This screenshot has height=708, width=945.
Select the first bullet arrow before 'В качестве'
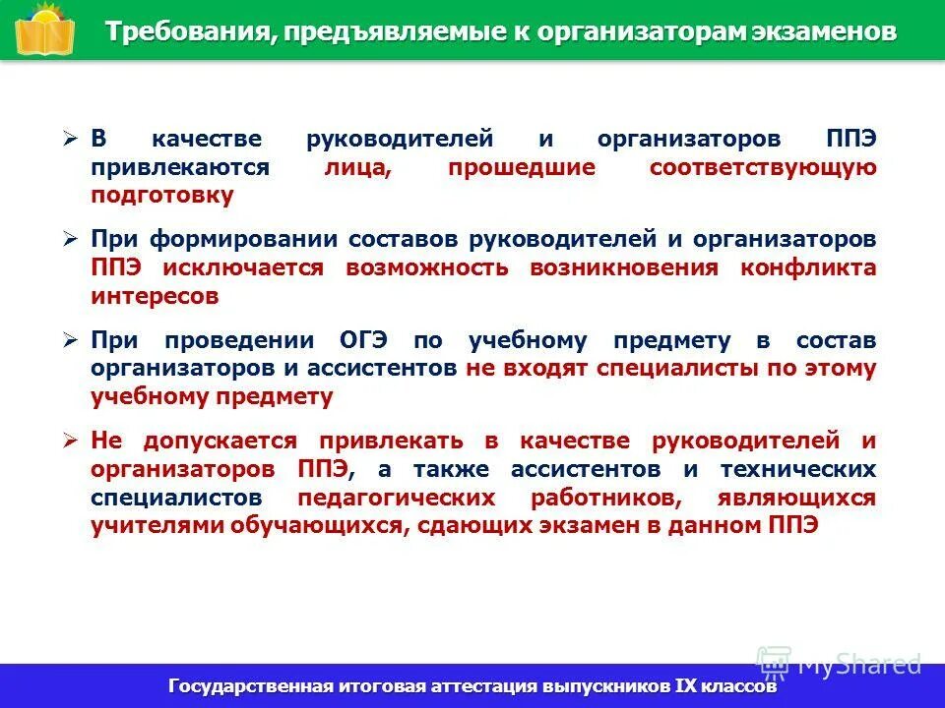[x=69, y=140]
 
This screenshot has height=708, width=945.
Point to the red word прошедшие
[x=522, y=167]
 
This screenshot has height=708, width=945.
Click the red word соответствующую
[x=762, y=167]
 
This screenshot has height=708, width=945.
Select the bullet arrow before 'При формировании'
[x=69, y=240]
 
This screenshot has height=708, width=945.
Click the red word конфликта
[x=808, y=267]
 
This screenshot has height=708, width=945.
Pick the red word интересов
[x=155, y=295]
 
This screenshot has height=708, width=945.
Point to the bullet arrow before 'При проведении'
[x=69, y=341]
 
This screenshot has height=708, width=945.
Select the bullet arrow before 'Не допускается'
[x=69, y=442]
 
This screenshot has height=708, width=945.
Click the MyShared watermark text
[x=859, y=664]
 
